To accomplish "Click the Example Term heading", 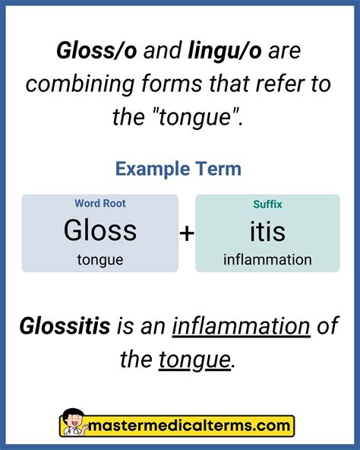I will [x=178, y=168].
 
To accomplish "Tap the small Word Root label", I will [x=100, y=204].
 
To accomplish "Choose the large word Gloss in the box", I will [x=100, y=230].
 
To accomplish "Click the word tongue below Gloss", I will [x=100, y=260].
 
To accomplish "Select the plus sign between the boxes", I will [x=187, y=234].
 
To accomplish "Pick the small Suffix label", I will [x=267, y=204].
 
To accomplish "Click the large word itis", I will [x=267, y=230].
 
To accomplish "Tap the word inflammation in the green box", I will [x=267, y=260].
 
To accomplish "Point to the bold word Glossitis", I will [x=65, y=328].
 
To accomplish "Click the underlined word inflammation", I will [x=242, y=328].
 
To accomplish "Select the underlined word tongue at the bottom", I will [x=194, y=359].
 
